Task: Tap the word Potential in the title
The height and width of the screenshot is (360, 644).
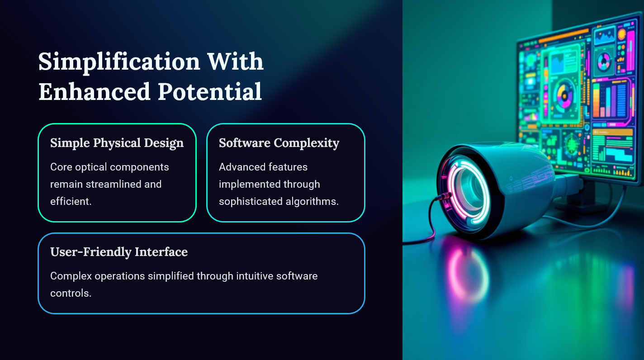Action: pos(210,91)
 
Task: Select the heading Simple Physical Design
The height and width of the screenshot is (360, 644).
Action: pos(117,143)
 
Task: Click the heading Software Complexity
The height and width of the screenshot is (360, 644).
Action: pos(279,143)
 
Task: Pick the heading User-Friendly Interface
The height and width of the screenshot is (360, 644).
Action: pos(119,252)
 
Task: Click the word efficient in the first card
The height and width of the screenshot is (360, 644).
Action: pos(71,201)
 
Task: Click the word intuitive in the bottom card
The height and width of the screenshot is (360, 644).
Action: pos(254,276)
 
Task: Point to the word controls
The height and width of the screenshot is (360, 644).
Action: pos(71,293)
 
